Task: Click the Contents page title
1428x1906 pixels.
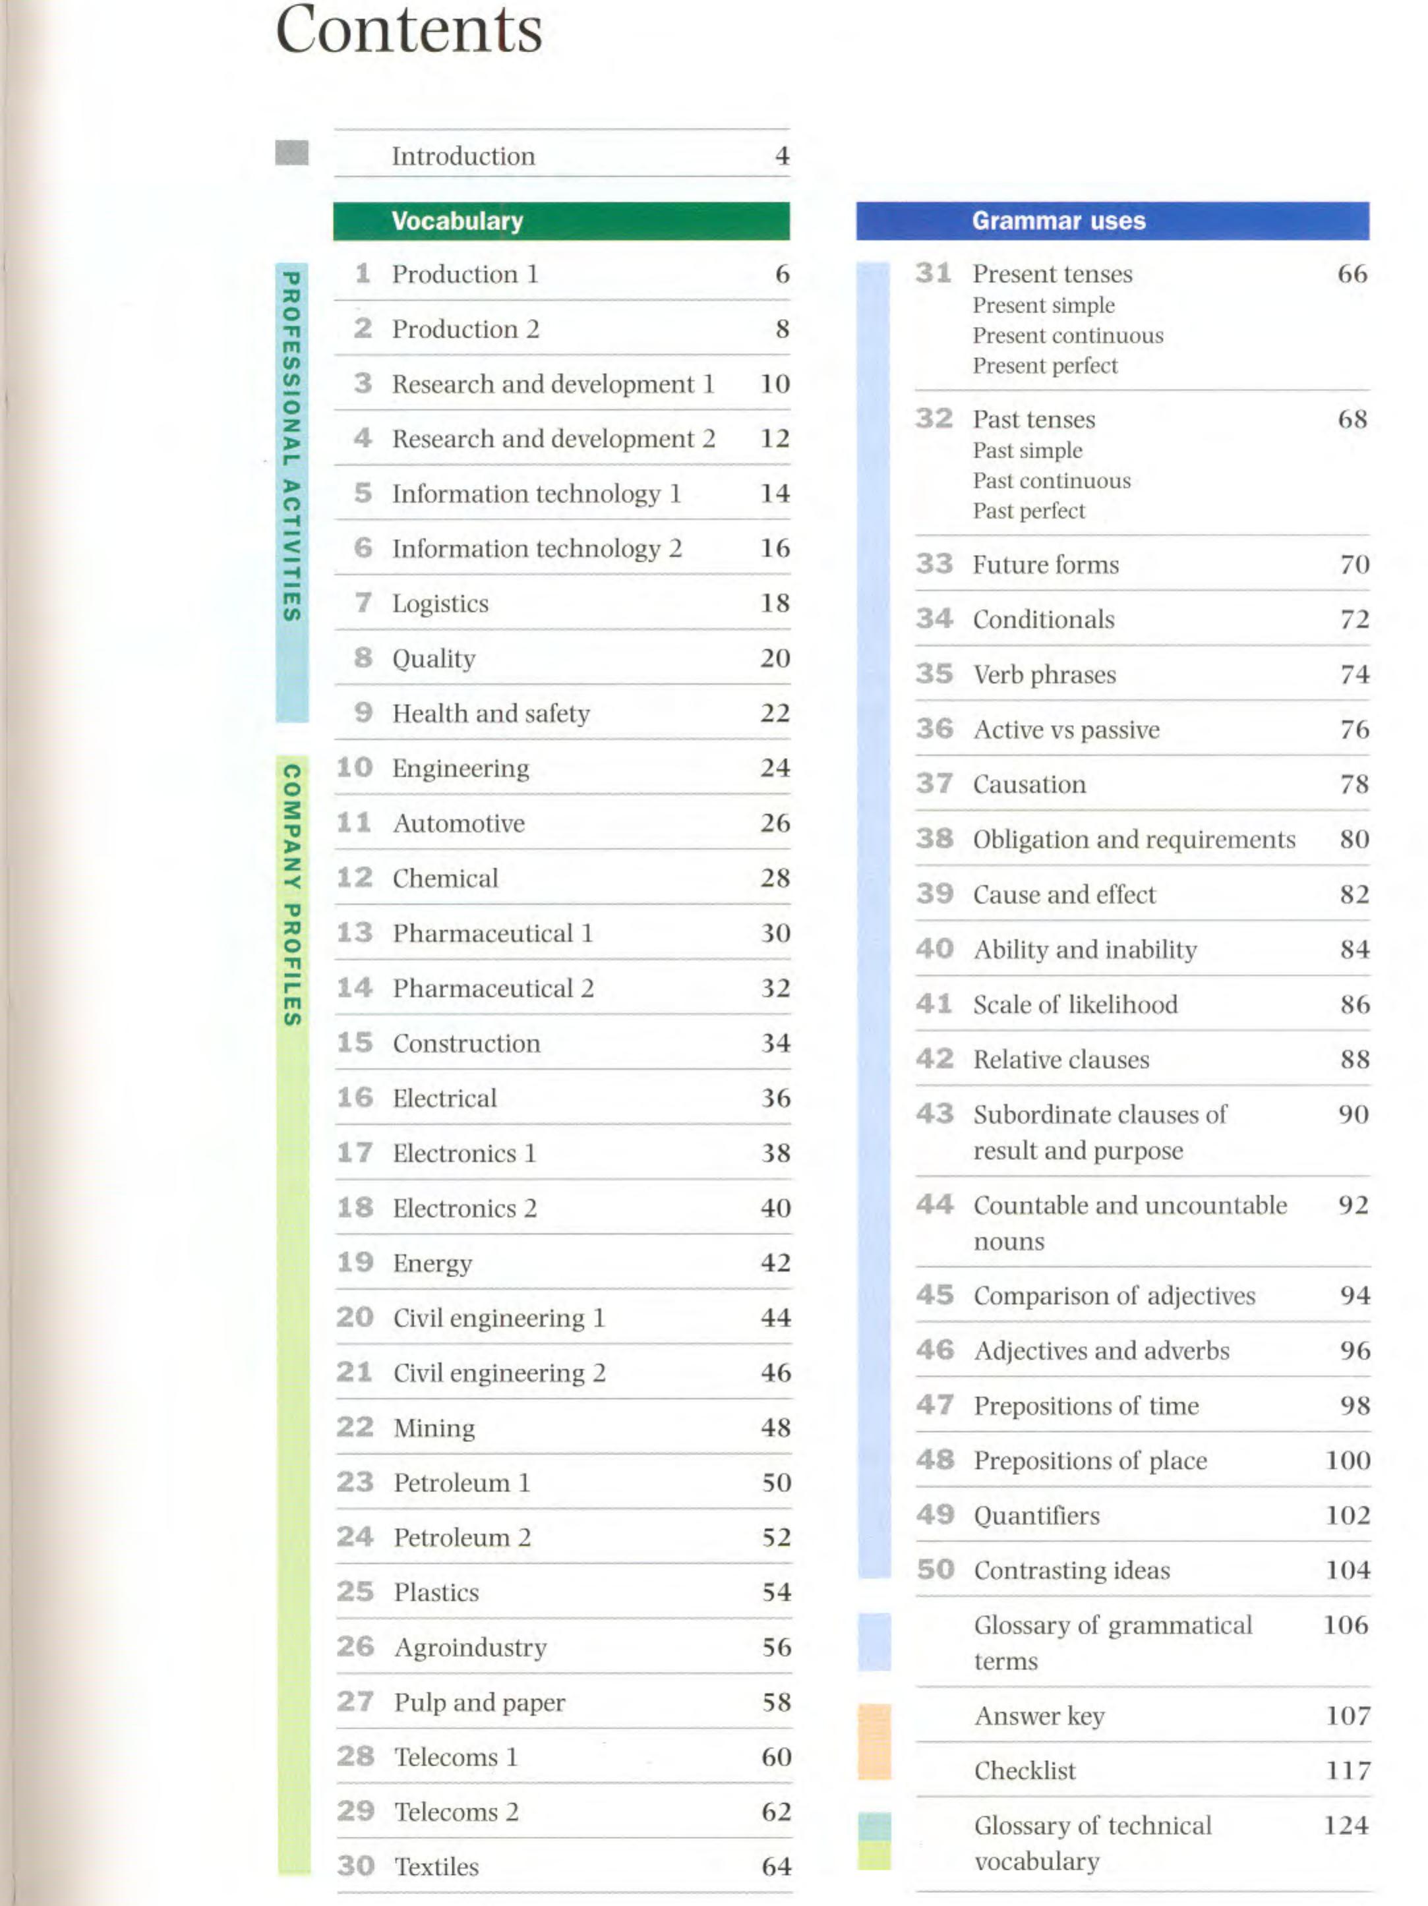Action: click(x=409, y=30)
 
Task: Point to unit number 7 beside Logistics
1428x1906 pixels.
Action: click(x=363, y=602)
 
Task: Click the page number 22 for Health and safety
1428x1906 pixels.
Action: click(x=774, y=712)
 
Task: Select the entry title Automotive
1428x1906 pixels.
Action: click(x=458, y=823)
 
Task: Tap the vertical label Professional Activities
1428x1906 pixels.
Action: click(x=291, y=446)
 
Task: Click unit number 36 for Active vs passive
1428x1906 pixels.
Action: click(x=934, y=729)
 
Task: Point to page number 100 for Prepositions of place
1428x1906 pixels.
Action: click(x=1347, y=1460)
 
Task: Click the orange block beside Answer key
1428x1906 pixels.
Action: click(x=873, y=1741)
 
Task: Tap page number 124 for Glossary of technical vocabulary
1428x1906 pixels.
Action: click(x=1346, y=1825)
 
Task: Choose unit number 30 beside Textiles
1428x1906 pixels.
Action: click(x=355, y=1866)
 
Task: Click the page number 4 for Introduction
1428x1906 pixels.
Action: click(x=782, y=156)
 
